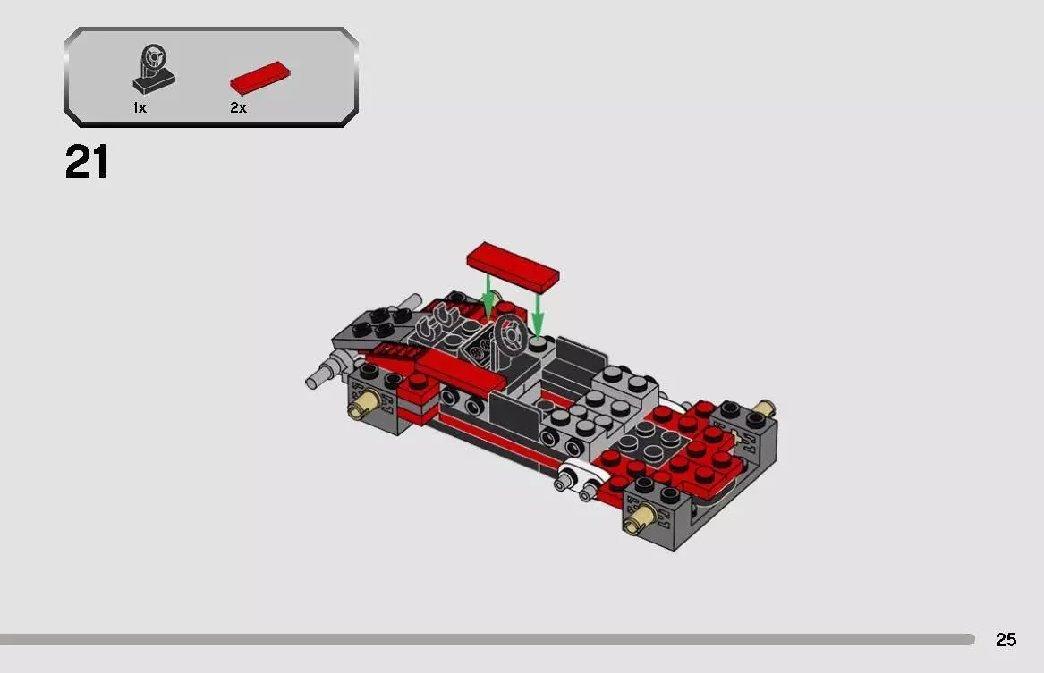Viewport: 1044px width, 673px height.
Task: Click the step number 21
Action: (x=87, y=164)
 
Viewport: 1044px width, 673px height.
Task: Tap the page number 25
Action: (x=1006, y=640)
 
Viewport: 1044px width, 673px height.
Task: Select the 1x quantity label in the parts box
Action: (x=140, y=108)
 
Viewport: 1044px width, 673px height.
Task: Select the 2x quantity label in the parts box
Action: (x=238, y=108)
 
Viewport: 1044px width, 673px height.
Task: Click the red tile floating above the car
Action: (x=513, y=266)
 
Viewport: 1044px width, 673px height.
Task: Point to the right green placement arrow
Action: (x=538, y=312)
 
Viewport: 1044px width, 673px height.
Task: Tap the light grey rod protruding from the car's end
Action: (x=322, y=376)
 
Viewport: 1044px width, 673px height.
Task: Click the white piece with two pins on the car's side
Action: (x=577, y=478)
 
